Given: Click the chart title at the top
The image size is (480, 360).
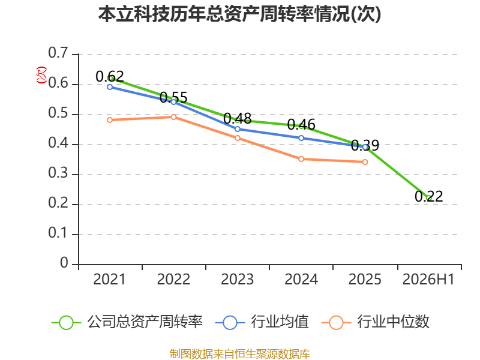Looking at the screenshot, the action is [239, 14].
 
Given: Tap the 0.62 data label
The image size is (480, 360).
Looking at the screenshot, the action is [110, 76].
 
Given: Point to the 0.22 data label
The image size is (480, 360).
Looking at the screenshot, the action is [429, 196].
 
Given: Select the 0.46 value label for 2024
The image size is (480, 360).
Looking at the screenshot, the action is [301, 124].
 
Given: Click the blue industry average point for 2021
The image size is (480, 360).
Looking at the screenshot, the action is [110, 87].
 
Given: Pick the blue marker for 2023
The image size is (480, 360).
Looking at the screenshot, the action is [238, 129].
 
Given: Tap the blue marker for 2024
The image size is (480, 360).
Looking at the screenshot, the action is [301, 138].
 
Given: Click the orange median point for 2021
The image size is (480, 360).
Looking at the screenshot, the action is [110, 120].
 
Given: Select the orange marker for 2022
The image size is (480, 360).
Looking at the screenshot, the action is [173, 117].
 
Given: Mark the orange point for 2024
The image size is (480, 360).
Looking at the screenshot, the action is [301, 159].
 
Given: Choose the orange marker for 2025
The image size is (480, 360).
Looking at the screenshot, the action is [365, 162].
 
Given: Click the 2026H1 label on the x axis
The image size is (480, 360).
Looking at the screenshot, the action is [428, 280].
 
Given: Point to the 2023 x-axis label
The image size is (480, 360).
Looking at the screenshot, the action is [238, 280].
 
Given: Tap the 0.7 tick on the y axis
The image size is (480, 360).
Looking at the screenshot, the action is [58, 53].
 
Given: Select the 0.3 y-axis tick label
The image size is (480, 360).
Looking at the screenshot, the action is [58, 173].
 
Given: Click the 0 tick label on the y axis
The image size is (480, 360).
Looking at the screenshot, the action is [64, 263].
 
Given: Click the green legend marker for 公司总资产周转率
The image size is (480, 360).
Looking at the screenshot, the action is [66, 323].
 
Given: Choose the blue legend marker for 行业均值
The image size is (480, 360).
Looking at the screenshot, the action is [230, 323].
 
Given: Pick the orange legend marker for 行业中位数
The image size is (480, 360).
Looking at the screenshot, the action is [336, 323].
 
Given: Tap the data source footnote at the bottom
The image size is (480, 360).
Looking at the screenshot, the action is [240, 354].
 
